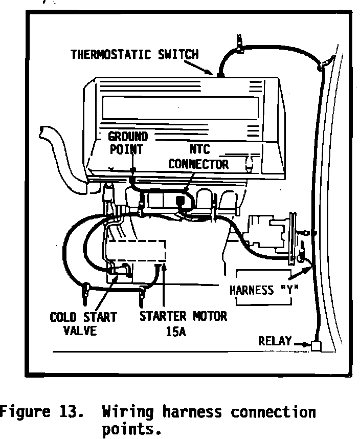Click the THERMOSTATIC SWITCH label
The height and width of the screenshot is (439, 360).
point(134,54)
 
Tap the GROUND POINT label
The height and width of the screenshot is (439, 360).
point(128,143)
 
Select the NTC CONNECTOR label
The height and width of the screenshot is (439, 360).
point(198,157)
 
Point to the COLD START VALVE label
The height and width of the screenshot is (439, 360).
point(76,323)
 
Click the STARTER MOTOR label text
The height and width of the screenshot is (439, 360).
point(183,316)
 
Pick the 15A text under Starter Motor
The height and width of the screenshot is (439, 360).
point(175,331)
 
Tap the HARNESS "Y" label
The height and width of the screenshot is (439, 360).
point(264,290)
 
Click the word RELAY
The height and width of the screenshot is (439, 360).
point(275,341)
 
